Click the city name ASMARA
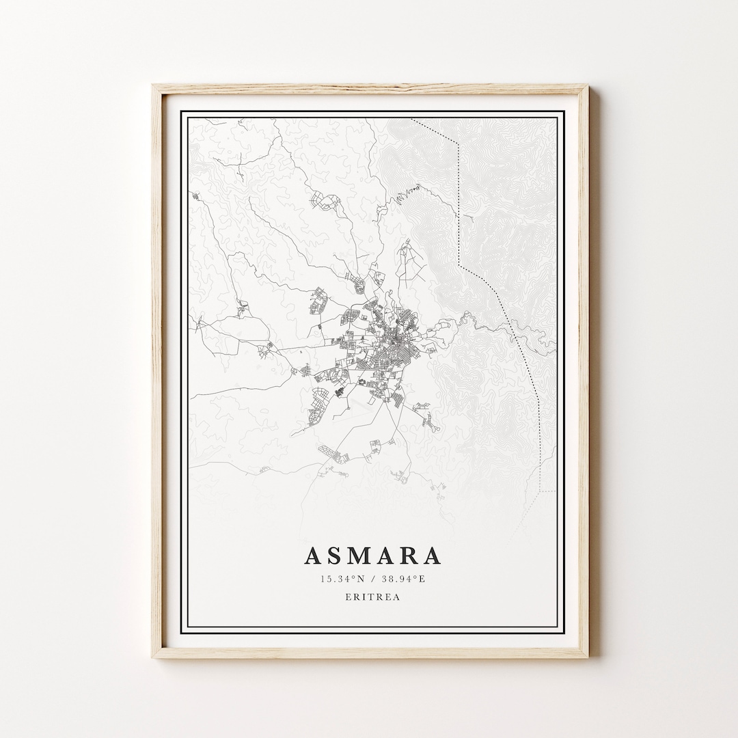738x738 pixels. [x=372, y=556]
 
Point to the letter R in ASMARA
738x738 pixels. [x=409, y=556]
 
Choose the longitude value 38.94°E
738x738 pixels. [x=403, y=579]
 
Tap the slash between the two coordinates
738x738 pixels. [x=372, y=579]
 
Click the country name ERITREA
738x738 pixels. [x=372, y=597]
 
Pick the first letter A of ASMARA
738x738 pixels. [x=312, y=556]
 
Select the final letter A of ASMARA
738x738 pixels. [x=432, y=556]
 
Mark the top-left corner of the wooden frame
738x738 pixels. [x=154, y=86]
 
